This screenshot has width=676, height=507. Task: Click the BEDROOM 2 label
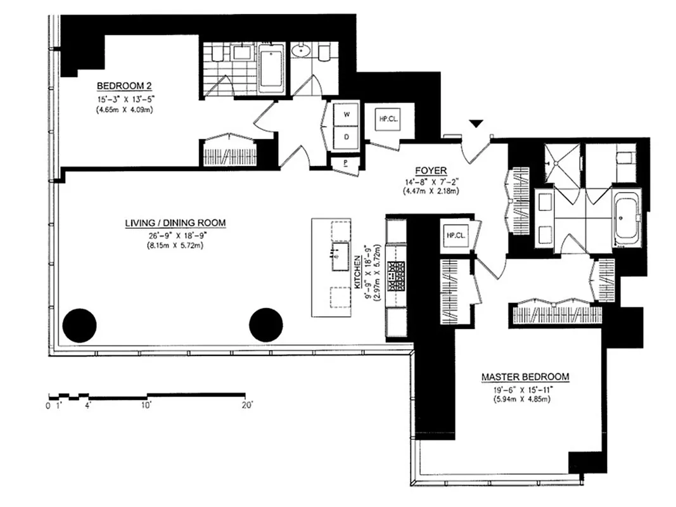click(124, 86)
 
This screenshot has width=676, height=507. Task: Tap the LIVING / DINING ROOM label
click(175, 223)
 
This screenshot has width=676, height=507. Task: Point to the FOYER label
click(431, 170)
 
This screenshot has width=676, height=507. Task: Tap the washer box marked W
click(347, 115)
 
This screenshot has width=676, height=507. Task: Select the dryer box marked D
click(347, 137)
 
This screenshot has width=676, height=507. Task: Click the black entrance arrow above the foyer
click(476, 124)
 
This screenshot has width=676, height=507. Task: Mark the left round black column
click(80, 325)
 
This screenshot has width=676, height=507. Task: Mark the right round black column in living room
click(265, 325)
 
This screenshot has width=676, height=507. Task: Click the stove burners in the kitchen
click(397, 277)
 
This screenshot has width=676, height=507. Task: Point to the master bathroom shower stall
click(563, 163)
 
